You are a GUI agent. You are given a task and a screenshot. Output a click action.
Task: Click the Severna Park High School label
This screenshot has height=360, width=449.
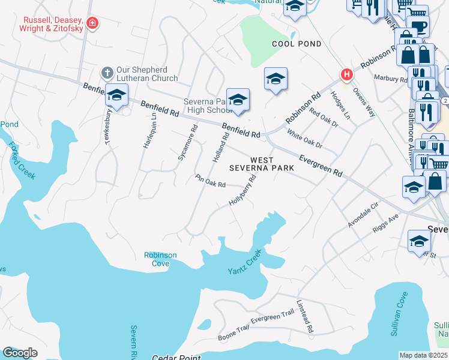pyautogui.click(x=206, y=106)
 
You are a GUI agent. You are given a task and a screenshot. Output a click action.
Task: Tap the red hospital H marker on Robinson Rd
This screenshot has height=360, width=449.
pyautogui.click(x=346, y=75)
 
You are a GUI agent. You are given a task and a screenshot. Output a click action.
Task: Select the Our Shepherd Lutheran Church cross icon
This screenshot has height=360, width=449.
pyautogui.click(x=107, y=73)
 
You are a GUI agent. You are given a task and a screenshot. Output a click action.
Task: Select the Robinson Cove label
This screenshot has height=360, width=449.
pyautogui.click(x=160, y=259)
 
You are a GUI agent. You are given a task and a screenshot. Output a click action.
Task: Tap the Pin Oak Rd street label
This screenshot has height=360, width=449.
pyautogui.click(x=210, y=181)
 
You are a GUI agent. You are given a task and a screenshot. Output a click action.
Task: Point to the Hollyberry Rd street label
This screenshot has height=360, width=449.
pyautogui.click(x=246, y=190)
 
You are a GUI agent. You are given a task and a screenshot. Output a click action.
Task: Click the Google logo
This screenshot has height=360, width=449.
pyautogui.click(x=20, y=352)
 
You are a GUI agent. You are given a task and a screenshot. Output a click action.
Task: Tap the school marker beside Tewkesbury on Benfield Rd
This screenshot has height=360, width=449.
pyautogui.click(x=116, y=96)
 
